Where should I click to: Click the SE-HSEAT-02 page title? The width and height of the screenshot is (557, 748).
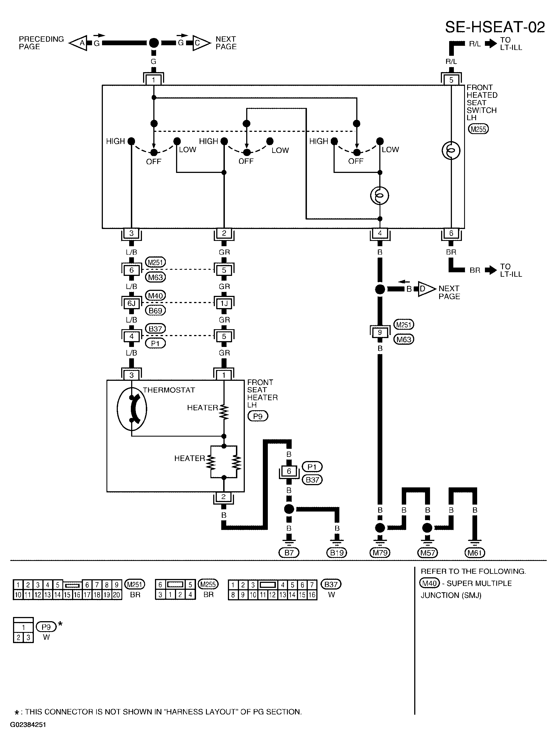click(x=495, y=27)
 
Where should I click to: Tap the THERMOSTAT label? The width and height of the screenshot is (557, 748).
click(x=169, y=390)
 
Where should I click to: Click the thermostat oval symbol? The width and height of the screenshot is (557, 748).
click(x=132, y=409)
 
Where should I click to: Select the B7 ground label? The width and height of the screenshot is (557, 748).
click(x=289, y=553)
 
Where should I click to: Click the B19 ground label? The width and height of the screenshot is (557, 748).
click(x=337, y=553)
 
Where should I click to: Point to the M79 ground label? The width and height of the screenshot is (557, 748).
click(x=380, y=553)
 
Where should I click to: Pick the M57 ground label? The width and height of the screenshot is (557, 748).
click(x=427, y=553)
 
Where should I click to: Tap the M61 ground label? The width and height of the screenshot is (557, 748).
click(x=475, y=553)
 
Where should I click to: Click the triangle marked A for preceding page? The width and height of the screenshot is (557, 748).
click(x=78, y=43)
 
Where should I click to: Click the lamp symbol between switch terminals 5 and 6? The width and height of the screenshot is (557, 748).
click(x=451, y=150)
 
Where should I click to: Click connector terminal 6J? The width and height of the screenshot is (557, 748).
click(x=131, y=303)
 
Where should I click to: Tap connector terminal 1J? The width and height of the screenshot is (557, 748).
click(x=224, y=303)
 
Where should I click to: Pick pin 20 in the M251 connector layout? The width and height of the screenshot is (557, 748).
click(x=116, y=595)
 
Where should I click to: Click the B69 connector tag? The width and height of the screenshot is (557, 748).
click(x=156, y=311)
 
